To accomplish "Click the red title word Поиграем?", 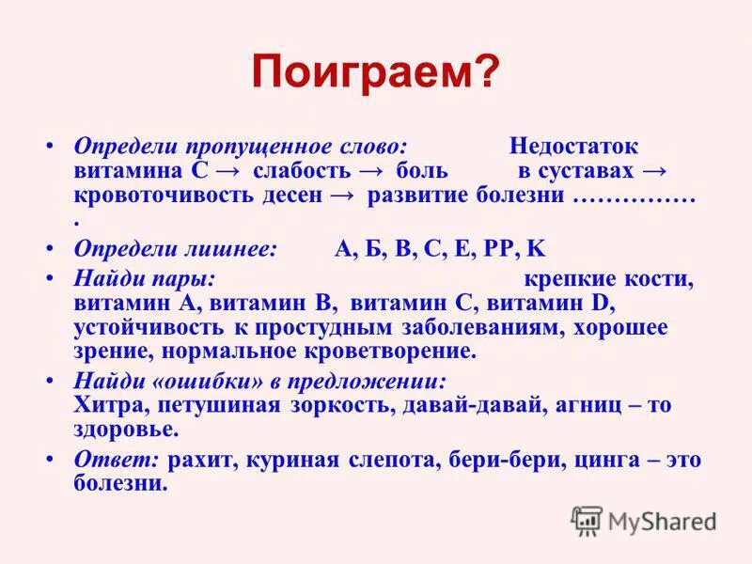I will click(x=375, y=72).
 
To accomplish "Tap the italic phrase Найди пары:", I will click(x=145, y=279).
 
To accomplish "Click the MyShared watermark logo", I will click(x=645, y=520).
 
